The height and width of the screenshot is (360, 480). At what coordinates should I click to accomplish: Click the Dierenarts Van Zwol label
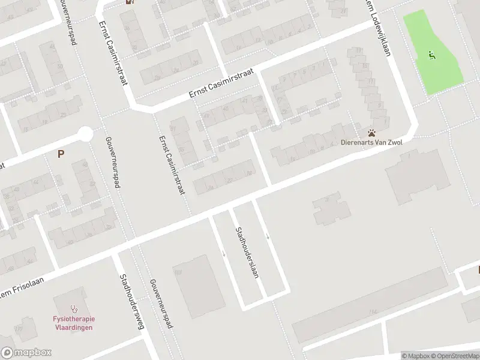point(371,142)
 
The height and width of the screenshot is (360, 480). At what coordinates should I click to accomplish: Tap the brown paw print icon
point(372,133)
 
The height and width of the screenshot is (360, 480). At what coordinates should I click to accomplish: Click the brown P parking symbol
point(61,154)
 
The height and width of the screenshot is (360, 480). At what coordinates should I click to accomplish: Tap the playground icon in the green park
point(431,55)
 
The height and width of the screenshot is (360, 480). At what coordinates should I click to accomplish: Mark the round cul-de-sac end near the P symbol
point(85,133)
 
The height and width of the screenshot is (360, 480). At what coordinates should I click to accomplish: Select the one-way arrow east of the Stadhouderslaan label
point(268,235)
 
